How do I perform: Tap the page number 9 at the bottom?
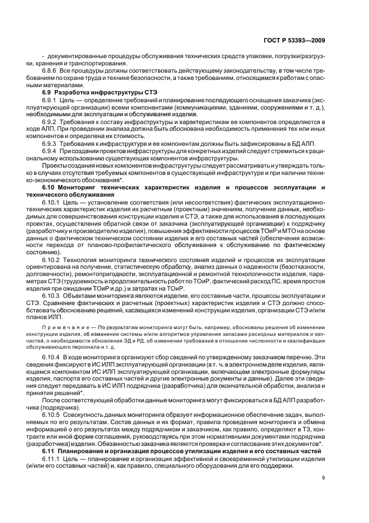coord(324,477)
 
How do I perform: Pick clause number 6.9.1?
coord(50,98)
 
